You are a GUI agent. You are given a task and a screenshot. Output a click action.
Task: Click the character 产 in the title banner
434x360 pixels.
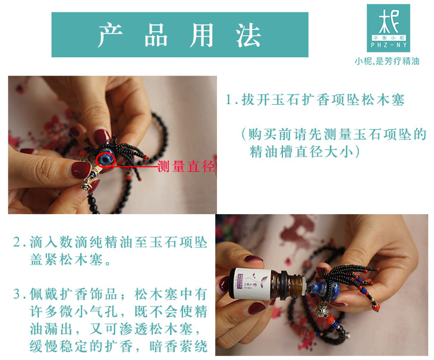[110, 35]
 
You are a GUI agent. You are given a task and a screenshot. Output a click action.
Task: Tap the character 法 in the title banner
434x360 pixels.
[249, 35]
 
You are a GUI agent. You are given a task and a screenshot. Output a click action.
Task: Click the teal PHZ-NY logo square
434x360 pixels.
[388, 28]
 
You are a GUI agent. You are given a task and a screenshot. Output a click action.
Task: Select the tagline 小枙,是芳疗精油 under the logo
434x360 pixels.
[387, 61]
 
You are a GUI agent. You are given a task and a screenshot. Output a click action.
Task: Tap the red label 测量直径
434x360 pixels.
[186, 166]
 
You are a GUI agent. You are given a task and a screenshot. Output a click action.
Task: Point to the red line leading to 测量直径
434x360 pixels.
[136, 167]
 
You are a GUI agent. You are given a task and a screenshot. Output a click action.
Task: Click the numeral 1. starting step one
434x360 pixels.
[232, 100]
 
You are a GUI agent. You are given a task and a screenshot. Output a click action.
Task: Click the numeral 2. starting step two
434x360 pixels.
[20, 242]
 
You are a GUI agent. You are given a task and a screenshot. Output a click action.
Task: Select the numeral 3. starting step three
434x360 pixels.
[20, 294]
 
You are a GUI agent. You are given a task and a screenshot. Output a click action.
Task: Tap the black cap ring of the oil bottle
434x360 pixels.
[283, 285]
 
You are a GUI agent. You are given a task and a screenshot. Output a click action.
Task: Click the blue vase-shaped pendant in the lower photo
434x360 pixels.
[324, 291]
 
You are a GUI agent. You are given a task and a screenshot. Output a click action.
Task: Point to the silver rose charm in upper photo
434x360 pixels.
[86, 184]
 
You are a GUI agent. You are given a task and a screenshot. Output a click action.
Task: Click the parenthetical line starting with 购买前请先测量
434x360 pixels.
[334, 134]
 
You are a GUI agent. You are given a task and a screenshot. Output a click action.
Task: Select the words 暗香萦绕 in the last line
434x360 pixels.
[178, 346]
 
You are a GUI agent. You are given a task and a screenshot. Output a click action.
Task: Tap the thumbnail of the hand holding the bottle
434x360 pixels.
[257, 308]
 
